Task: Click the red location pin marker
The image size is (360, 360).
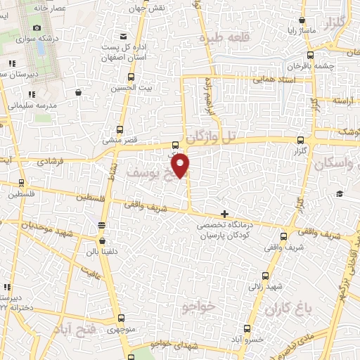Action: (181, 165)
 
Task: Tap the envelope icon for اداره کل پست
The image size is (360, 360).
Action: (124, 36)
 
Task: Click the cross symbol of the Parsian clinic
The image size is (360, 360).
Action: (224, 214)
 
